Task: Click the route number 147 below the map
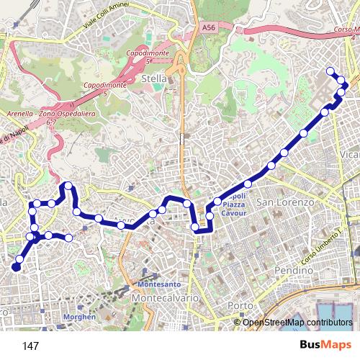30,346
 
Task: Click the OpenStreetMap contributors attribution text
297,322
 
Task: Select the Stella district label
155,78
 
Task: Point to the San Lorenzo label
286,202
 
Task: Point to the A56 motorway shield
209,27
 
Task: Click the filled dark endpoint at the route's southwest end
16,268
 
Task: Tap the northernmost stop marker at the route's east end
330,71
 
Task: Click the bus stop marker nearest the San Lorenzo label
271,167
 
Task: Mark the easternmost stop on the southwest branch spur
69,238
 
